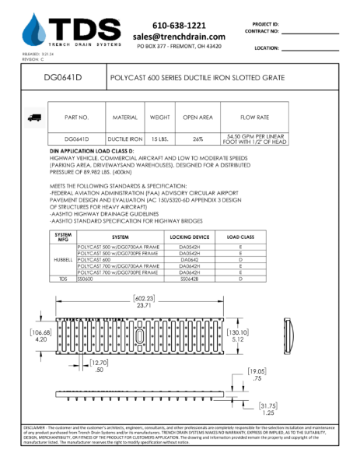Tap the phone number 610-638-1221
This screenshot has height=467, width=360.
pos(179,25)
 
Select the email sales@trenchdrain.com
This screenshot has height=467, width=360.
pos(179,37)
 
